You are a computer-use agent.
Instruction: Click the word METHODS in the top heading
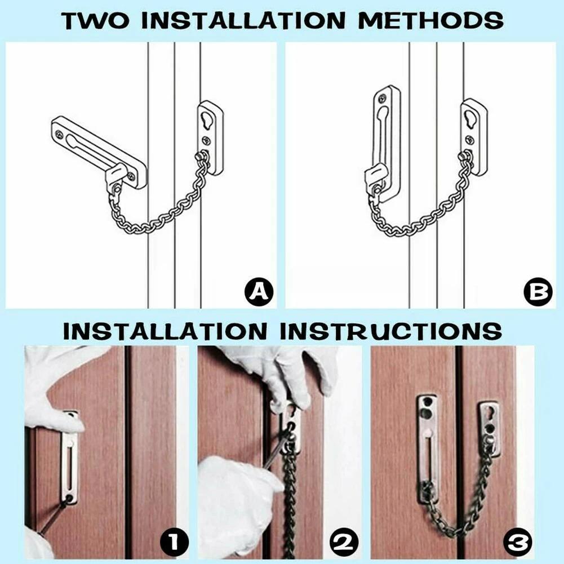coord(430,21)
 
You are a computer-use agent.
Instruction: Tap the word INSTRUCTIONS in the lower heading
coord(390,330)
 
